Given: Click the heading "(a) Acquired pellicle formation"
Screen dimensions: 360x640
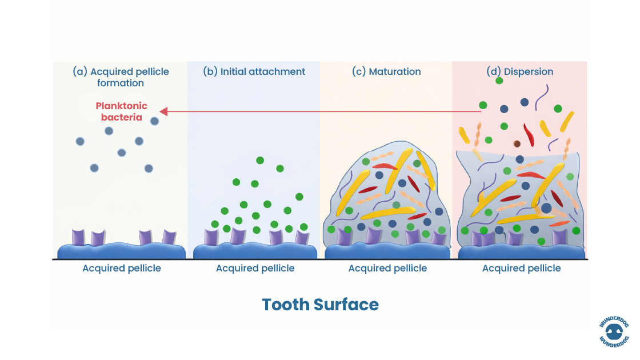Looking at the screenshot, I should (x=121, y=77).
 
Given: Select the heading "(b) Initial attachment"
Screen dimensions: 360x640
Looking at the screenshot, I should (x=254, y=71).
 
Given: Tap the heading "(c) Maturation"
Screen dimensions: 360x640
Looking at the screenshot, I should (x=387, y=71).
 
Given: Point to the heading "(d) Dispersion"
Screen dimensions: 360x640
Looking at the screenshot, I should (x=519, y=71).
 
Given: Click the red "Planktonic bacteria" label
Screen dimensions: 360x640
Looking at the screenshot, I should (x=121, y=111).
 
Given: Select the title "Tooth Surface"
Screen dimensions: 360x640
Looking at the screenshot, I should (x=320, y=304).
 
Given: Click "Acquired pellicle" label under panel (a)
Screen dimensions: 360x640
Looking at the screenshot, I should (x=122, y=268).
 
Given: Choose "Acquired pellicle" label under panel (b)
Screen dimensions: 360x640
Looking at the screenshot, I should (x=255, y=268).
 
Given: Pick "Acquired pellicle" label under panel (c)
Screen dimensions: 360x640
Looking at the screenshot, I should (x=387, y=268).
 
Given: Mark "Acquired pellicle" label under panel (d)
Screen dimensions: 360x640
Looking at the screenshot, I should (x=521, y=268).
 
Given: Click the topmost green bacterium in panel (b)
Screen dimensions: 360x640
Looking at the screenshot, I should (x=260, y=161).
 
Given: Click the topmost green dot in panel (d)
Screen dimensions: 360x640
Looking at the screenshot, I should (x=499, y=81).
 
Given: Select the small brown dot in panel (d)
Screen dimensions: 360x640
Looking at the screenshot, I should (x=517, y=144).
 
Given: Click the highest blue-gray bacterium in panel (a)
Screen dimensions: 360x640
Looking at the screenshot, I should (x=154, y=121).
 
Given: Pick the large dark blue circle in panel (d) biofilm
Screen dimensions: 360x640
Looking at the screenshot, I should (x=546, y=208).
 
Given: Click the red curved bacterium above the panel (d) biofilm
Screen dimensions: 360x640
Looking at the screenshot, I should (x=529, y=134).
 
